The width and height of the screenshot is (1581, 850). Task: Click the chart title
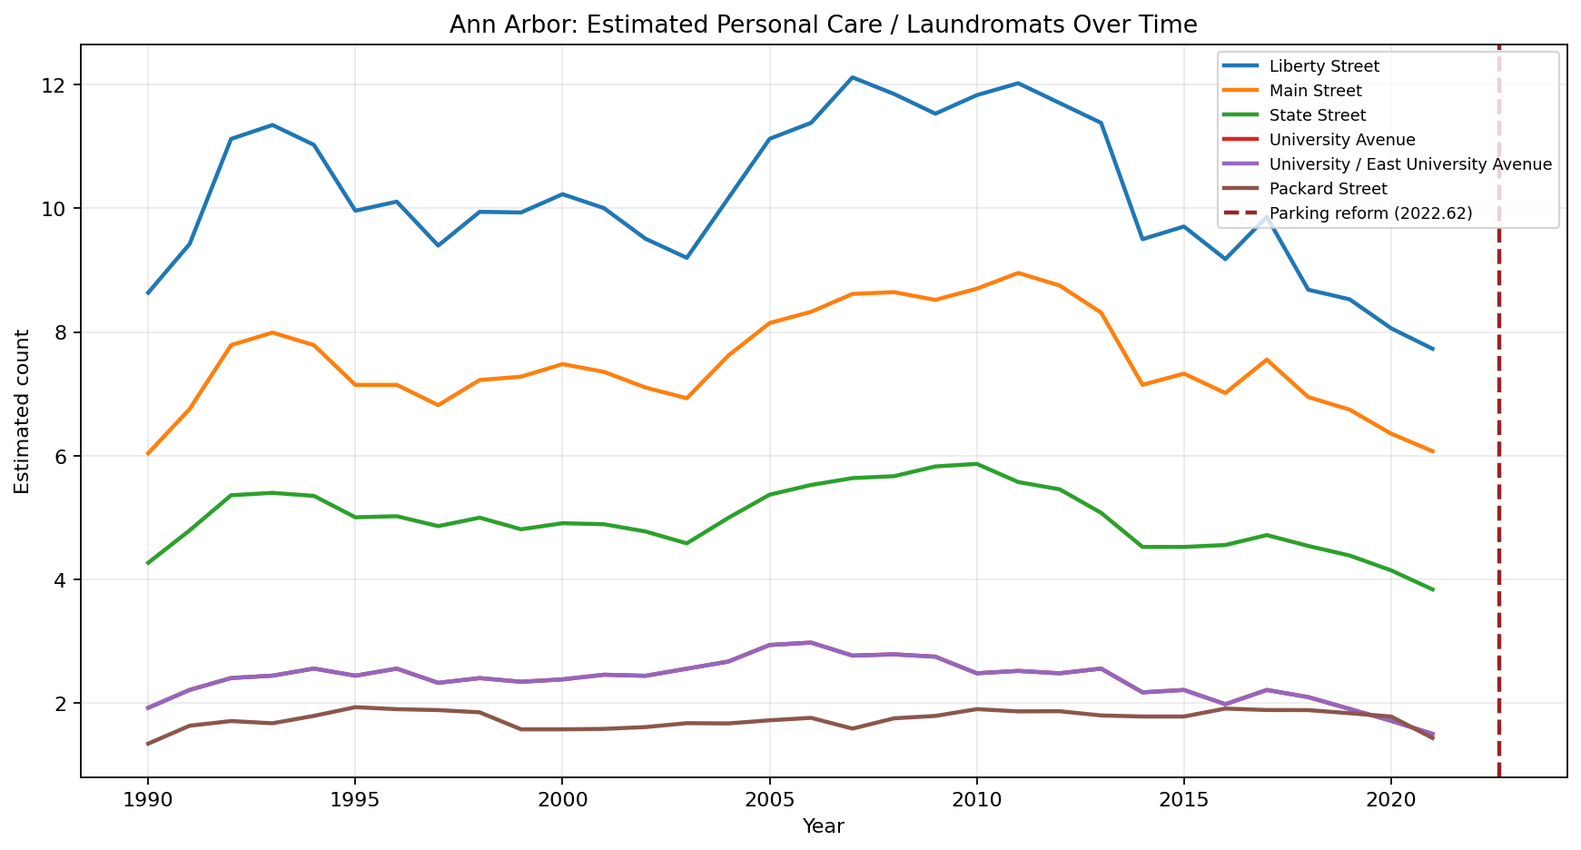(823, 25)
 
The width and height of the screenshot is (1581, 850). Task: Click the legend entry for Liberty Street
(1324, 66)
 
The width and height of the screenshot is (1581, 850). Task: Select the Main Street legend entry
(1315, 91)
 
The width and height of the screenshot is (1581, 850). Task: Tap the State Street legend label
(1317, 115)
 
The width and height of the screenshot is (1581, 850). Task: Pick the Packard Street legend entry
(1328, 189)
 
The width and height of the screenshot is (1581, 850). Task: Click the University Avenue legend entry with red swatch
(1342, 140)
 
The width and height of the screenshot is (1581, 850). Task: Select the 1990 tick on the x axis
(147, 798)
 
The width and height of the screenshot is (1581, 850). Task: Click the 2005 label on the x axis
(769, 798)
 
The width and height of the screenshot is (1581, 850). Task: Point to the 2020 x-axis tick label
(1390, 798)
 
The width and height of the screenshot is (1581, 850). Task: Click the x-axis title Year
(823, 827)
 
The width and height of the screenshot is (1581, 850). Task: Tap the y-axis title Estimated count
(23, 411)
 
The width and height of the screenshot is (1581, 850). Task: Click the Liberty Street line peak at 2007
(852, 77)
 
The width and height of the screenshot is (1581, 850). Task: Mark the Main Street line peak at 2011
(1018, 272)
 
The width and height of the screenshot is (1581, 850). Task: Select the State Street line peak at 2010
(976, 464)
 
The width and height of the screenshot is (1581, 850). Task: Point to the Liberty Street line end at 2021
(1432, 349)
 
